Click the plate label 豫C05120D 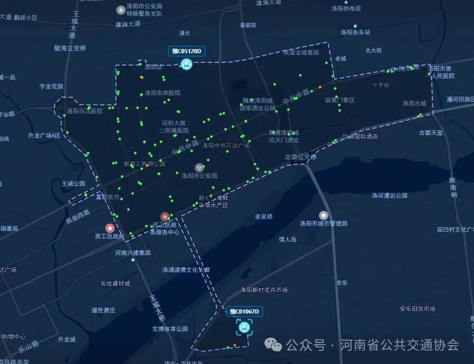tap(187, 51)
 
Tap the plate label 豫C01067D tap(244, 312)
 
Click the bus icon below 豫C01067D tap(244, 327)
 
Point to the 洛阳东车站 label tap(355, 32)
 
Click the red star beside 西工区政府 tap(110, 228)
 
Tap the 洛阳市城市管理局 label tap(324, 223)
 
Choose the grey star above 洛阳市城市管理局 tap(324, 215)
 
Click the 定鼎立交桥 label tap(301, 157)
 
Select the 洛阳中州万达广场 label tap(226, 146)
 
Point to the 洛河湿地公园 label tap(390, 195)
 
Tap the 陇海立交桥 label tap(70, 48)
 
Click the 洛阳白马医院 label tap(85, 111)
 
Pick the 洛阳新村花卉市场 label tap(264, 290)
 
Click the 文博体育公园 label tap(170, 329)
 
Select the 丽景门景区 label tap(340, 100)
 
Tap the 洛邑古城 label tap(414, 103)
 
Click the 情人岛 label tap(288, 239)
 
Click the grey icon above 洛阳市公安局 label tap(199, 168)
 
